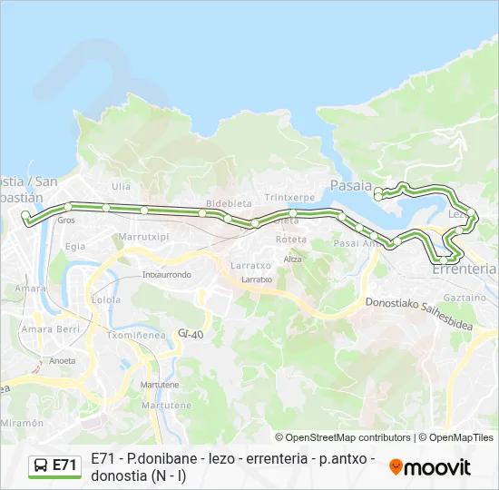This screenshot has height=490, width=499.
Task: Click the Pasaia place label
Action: (351, 185)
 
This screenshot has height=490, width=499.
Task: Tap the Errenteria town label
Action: (465, 269)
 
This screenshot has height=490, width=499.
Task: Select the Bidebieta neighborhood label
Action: (228, 203)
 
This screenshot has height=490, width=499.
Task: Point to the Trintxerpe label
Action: (289, 197)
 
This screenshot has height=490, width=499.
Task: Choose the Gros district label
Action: (65, 220)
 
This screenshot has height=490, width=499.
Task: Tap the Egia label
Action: (75, 246)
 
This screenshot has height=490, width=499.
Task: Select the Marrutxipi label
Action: (144, 237)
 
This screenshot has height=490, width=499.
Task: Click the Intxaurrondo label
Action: (167, 274)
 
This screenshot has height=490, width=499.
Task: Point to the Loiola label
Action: (106, 299)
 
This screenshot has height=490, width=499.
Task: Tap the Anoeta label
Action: (62, 360)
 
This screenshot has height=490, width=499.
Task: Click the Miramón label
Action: (22, 424)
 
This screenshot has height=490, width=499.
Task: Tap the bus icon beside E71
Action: (41, 465)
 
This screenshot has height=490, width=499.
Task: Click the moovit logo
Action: (430, 467)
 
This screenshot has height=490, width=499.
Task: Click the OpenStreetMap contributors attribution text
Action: (343, 437)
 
